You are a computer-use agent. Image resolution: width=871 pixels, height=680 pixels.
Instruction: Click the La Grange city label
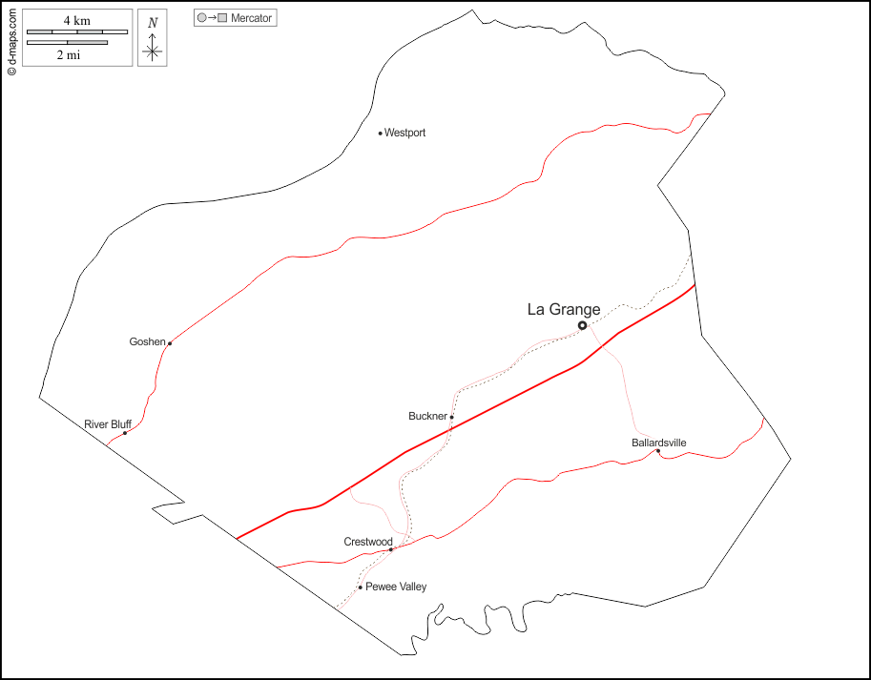pyautogui.click(x=564, y=309)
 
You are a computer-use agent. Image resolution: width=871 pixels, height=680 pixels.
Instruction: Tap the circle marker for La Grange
pyautogui.click(x=582, y=325)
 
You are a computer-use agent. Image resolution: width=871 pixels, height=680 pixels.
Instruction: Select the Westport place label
pyautogui.click(x=404, y=134)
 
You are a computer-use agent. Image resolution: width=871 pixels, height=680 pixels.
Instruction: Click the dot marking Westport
pyautogui.click(x=380, y=134)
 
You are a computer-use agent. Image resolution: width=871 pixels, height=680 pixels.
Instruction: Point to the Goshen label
pyautogui.click(x=147, y=341)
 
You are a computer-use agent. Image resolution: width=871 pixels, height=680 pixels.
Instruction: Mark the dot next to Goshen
pyautogui.click(x=169, y=343)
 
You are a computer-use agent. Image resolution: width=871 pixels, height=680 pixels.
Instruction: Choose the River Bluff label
pyautogui.click(x=108, y=423)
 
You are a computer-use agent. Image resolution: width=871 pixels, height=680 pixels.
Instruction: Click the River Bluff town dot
pyautogui.click(x=125, y=433)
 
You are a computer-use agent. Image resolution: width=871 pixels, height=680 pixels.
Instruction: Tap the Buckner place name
pyautogui.click(x=427, y=416)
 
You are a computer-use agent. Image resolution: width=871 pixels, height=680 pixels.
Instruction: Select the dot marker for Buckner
pyautogui.click(x=451, y=417)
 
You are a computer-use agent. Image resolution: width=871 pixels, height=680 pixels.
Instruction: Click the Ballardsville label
pyautogui.click(x=658, y=443)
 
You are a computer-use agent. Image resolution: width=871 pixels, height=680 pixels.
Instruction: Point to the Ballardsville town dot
pyautogui.click(x=657, y=451)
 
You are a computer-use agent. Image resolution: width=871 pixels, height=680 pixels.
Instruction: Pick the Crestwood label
pyautogui.click(x=368, y=542)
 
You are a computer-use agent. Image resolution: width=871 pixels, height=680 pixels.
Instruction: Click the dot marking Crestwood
pyautogui.click(x=391, y=549)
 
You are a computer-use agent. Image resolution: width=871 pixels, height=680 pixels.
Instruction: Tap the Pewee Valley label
pyautogui.click(x=396, y=587)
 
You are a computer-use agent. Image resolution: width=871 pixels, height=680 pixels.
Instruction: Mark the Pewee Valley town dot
pyautogui.click(x=360, y=587)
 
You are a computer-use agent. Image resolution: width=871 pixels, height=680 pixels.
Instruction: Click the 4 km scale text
pyautogui.click(x=77, y=21)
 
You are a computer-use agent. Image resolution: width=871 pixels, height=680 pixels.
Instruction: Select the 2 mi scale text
pyautogui.click(x=67, y=55)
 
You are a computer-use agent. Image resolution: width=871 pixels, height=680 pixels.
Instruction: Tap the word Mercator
pyautogui.click(x=252, y=18)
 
